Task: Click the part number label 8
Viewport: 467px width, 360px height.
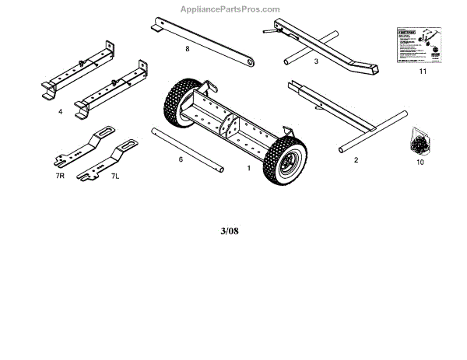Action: tap(188, 49)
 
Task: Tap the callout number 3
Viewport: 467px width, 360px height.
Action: tap(316, 60)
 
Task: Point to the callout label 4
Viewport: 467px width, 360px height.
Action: tap(60, 112)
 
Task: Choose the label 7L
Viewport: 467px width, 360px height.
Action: tap(115, 177)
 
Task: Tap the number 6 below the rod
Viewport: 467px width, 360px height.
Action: tap(181, 159)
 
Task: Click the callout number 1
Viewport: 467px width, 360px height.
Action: tap(248, 167)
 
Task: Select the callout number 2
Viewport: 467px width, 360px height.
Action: tap(356, 160)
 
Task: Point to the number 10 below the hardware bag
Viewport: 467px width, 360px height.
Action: tap(420, 163)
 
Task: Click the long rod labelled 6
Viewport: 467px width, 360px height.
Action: tap(188, 148)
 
